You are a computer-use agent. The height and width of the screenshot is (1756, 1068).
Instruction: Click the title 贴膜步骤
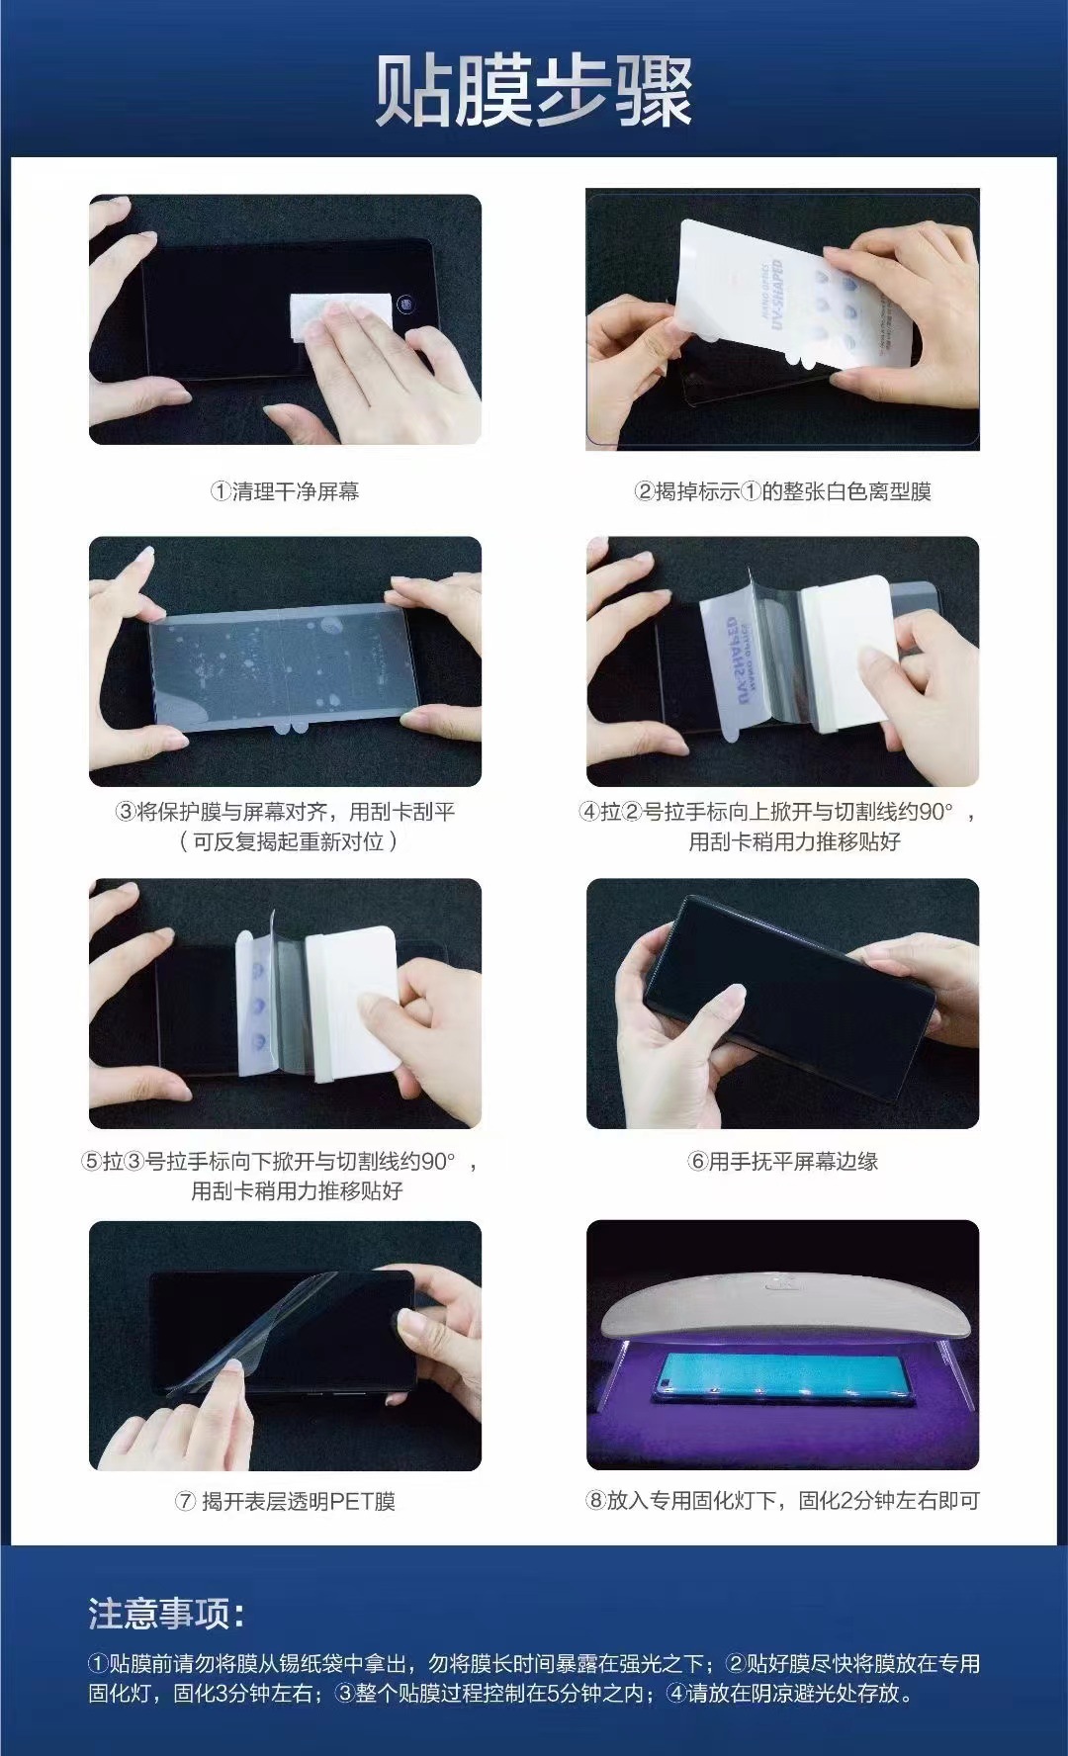pyautogui.click(x=533, y=92)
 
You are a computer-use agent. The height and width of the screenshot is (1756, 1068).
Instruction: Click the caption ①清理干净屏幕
pyautogui.click(x=285, y=491)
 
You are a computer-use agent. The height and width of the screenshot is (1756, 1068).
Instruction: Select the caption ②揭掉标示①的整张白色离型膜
pyautogui.click(x=782, y=491)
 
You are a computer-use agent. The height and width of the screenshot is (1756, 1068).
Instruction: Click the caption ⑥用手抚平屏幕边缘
pyautogui.click(x=782, y=1162)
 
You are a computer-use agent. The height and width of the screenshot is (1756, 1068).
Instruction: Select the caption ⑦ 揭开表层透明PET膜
pyautogui.click(x=285, y=1501)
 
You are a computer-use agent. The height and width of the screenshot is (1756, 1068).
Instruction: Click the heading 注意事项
pyautogui.click(x=164, y=1614)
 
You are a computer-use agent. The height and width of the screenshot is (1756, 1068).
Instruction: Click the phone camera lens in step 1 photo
pyautogui.click(x=404, y=303)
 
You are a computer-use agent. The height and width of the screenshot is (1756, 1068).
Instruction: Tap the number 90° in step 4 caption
pyautogui.click(x=935, y=812)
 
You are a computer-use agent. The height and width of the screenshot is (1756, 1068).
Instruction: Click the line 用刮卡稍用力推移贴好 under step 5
pyautogui.click(x=297, y=1190)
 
